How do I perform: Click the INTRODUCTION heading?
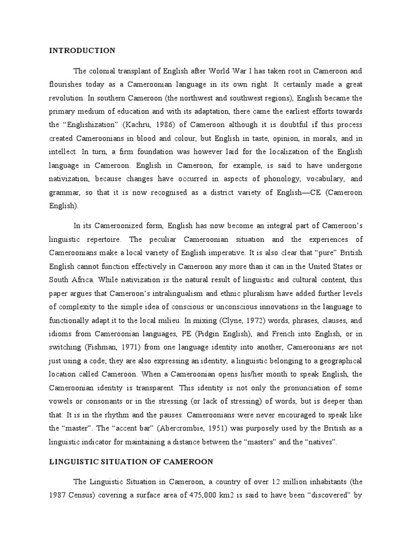click(82, 51)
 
